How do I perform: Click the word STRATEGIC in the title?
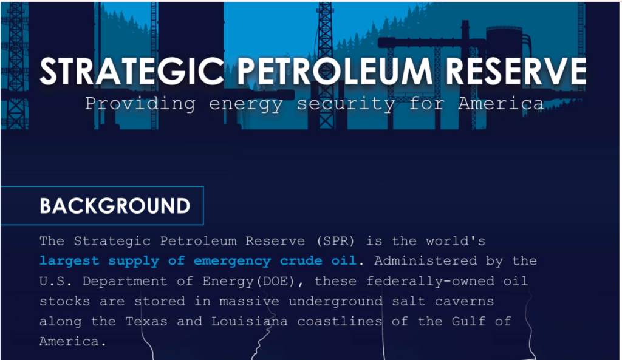click(132, 72)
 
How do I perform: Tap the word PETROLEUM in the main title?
click(335, 72)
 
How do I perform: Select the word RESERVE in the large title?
click(516, 72)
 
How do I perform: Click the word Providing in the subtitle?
click(140, 104)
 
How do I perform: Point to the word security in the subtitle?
click(346, 104)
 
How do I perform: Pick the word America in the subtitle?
click(501, 104)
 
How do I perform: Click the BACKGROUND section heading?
click(115, 206)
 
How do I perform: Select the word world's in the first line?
click(456, 240)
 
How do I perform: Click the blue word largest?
click(69, 261)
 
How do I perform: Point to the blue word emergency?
click(232, 261)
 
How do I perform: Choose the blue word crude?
click(301, 260)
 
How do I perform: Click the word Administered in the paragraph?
click(426, 261)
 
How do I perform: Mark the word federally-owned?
click(431, 281)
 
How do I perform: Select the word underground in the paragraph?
click(335, 301)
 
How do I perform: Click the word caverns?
click(465, 301)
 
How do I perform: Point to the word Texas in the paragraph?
click(146, 321)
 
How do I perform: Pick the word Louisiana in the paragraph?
click(250, 321)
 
